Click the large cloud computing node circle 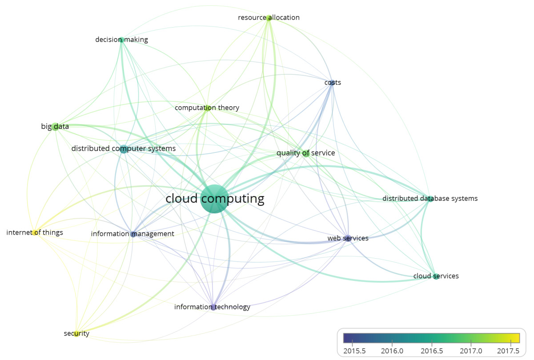215,199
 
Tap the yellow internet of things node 35,232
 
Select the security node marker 76,334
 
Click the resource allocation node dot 269,18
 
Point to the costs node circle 332,83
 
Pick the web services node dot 348,238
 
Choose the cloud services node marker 436,276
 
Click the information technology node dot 213,307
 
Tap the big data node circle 55,127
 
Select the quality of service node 305,154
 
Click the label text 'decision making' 121,40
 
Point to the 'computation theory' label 207,108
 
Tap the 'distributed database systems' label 430,199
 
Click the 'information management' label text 132,234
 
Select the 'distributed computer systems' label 123,148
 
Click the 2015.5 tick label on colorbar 352,351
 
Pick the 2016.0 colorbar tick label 392,351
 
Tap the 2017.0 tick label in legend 471,351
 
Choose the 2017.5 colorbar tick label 510,351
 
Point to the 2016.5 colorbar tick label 431,351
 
